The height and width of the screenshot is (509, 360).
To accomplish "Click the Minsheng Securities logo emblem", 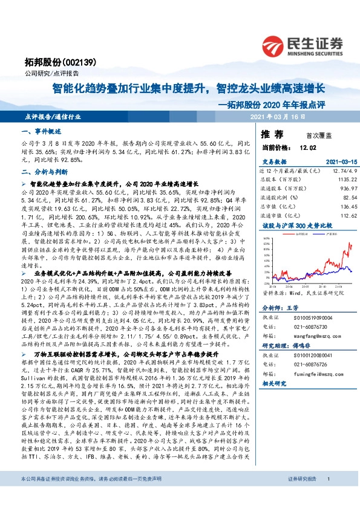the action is coord(280,44).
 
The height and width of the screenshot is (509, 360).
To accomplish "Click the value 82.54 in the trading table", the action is coord(344,197).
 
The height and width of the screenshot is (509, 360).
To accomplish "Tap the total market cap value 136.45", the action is coord(342,206).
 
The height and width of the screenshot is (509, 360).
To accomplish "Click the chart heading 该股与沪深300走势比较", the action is coord(290,224).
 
